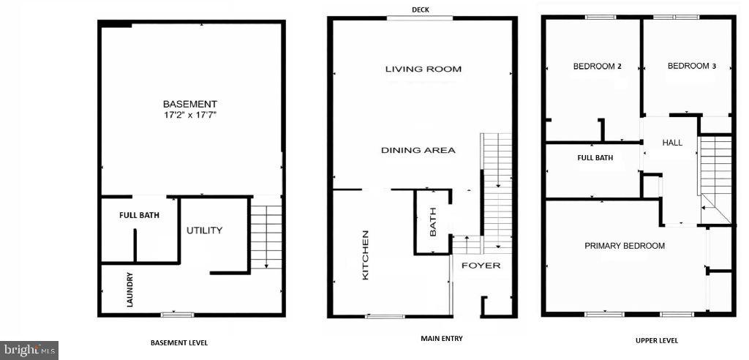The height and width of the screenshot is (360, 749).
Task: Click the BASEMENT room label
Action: point(190,104)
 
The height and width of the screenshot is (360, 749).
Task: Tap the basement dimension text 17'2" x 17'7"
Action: point(190,115)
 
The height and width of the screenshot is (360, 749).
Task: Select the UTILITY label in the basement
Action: point(204,230)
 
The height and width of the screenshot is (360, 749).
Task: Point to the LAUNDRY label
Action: point(129,289)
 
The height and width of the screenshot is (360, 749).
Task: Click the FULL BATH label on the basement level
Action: point(139,216)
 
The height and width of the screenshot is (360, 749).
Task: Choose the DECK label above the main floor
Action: point(421,10)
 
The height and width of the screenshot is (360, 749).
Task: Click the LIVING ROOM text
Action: point(424,70)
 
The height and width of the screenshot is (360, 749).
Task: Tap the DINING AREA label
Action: point(418,150)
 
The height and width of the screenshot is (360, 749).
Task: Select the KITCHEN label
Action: point(364,256)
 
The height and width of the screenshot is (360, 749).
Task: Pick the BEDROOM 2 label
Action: point(597,66)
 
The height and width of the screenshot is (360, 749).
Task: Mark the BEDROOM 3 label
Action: point(691,66)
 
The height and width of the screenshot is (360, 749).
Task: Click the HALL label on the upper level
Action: point(672,143)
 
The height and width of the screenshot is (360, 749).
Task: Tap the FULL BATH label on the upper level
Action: point(595,157)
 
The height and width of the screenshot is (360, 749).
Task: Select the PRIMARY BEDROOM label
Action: point(625,246)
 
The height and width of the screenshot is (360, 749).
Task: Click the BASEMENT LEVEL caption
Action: point(178,342)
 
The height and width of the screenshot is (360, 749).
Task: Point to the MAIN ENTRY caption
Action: point(441,339)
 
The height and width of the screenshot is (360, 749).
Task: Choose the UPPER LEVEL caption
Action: point(655,340)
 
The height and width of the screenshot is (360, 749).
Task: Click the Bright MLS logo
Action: point(29,350)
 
